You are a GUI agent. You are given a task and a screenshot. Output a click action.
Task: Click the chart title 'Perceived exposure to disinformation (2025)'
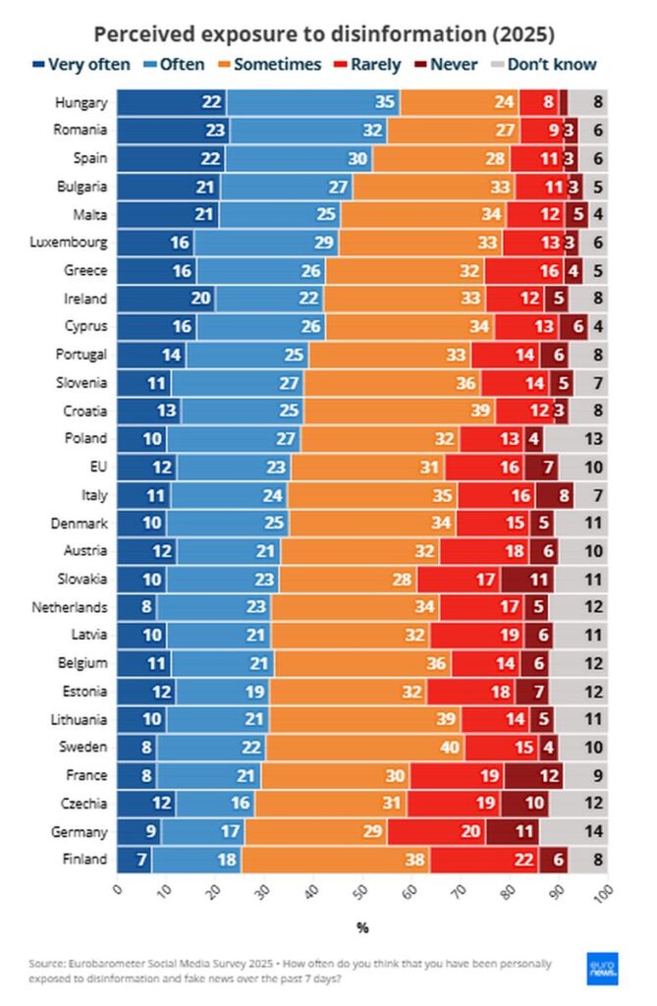coord(324,34)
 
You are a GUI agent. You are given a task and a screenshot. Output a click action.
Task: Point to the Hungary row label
coord(81,101)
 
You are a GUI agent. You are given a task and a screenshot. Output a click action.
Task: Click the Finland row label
coord(84,860)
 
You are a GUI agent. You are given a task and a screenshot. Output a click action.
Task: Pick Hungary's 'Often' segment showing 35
coord(313,101)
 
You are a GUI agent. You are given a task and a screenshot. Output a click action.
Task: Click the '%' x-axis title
coord(362,927)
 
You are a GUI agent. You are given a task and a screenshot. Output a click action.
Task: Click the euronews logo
coord(600,970)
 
